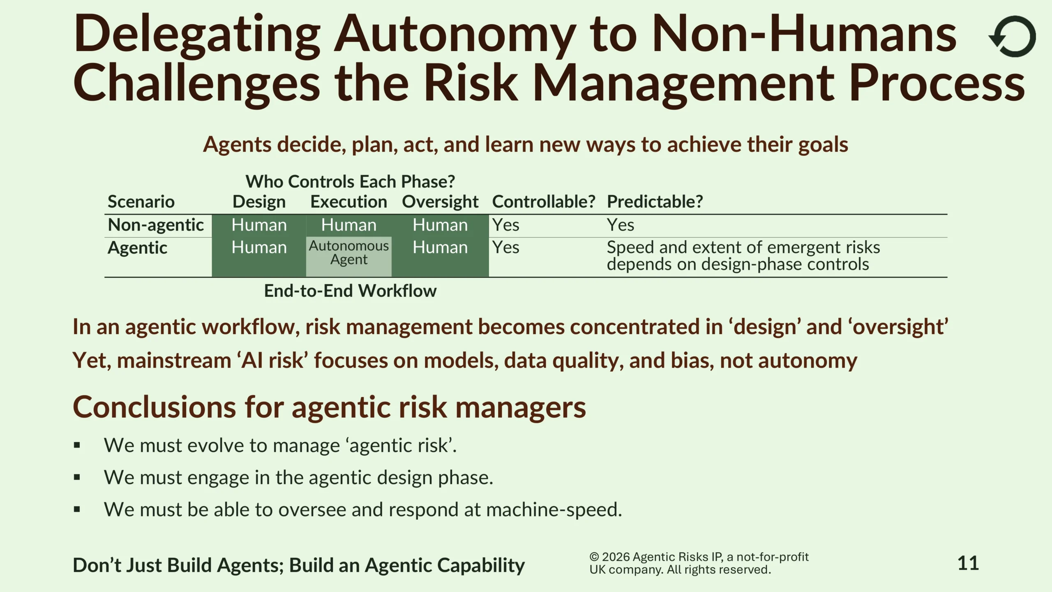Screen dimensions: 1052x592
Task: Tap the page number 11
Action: click(x=968, y=563)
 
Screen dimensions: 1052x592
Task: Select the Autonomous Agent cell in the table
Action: click(x=349, y=252)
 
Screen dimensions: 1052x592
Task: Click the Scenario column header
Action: click(x=141, y=202)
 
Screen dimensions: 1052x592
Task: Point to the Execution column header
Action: click(x=349, y=202)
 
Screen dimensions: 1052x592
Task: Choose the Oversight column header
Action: click(x=440, y=202)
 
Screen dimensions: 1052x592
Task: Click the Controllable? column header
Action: click(x=544, y=202)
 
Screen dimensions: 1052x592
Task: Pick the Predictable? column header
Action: click(x=655, y=202)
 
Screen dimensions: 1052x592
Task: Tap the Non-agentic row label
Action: click(x=156, y=225)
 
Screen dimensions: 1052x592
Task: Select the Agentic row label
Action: click(x=137, y=248)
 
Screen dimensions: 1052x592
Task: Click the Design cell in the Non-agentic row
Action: click(x=259, y=225)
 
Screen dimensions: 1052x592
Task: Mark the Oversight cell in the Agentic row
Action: click(x=440, y=247)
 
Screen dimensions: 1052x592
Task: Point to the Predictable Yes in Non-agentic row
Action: click(x=621, y=225)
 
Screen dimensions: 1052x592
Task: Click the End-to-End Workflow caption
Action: click(x=350, y=291)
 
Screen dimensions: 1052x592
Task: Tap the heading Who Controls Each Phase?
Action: click(x=350, y=181)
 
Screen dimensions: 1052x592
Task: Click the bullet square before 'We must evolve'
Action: click(x=77, y=445)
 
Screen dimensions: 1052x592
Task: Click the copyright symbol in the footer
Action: click(x=594, y=557)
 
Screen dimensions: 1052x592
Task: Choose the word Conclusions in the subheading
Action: click(x=155, y=407)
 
